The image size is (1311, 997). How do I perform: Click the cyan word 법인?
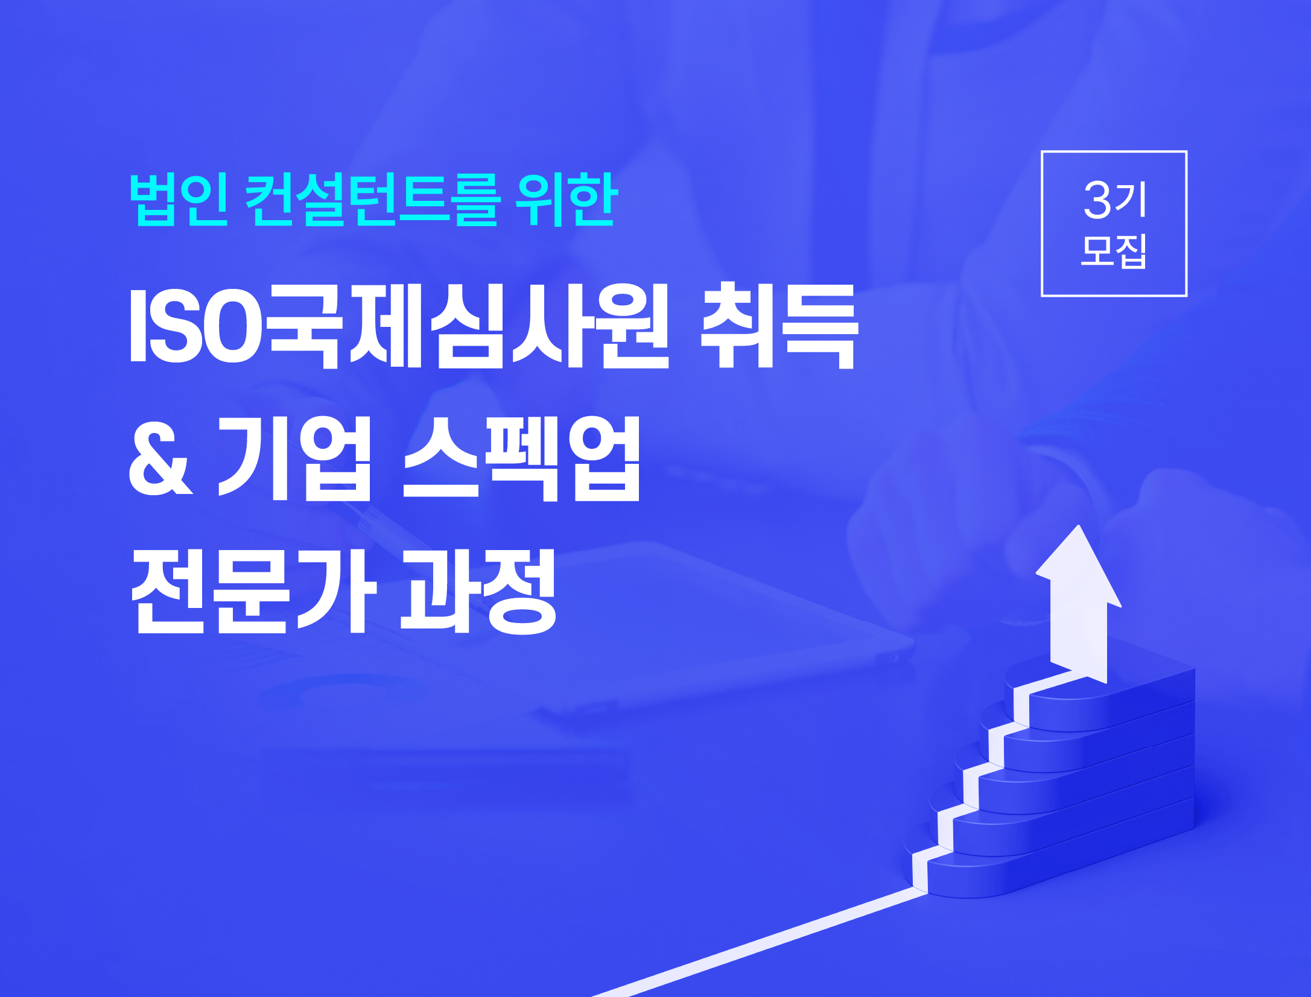pyautogui.click(x=179, y=200)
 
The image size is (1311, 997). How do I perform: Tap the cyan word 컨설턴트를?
pyautogui.click(x=373, y=200)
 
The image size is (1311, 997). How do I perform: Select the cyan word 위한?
pyautogui.click(x=567, y=200)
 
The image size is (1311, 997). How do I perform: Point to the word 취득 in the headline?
pyautogui.click(x=779, y=326)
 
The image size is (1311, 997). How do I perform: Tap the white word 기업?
pyautogui.click(x=294, y=458)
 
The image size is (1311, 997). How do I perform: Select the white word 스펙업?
pyautogui.click(x=521, y=458)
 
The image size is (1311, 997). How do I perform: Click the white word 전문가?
pyautogui.click(x=254, y=590)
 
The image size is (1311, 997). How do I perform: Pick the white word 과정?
pyautogui.click(x=478, y=590)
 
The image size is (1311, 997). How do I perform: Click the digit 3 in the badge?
pyautogui.click(x=1097, y=200)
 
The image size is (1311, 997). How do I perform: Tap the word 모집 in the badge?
pyautogui.click(x=1114, y=251)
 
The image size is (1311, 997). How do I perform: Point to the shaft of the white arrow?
pyautogui.click(x=1079, y=639)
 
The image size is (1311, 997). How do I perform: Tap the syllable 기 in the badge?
pyautogui.click(x=1131, y=200)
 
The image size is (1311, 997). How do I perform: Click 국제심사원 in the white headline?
pyautogui.click(x=468, y=326)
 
